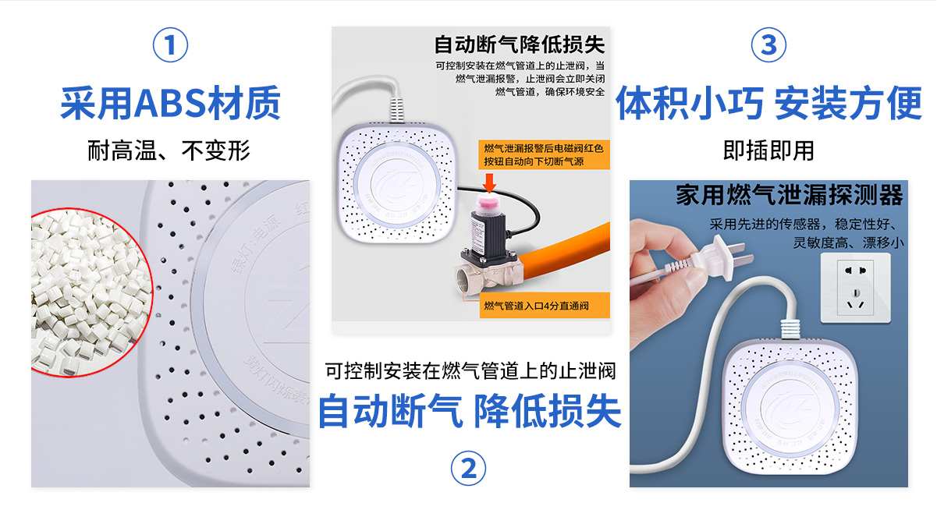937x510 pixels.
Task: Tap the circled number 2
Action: pyautogui.click(x=468, y=468)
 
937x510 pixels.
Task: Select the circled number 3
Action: pyautogui.click(x=768, y=44)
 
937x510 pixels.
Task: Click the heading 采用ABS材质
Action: pyautogui.click(x=170, y=104)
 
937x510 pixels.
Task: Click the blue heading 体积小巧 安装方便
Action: pyautogui.click(x=768, y=104)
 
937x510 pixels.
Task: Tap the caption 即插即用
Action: pyautogui.click(x=768, y=150)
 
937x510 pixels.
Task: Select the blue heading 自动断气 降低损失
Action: pyautogui.click(x=470, y=411)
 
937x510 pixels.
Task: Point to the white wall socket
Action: pyautogui.click(x=857, y=288)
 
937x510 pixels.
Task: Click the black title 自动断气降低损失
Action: pyautogui.click(x=519, y=44)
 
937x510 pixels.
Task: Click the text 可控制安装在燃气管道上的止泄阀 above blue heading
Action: pyautogui.click(x=470, y=370)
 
